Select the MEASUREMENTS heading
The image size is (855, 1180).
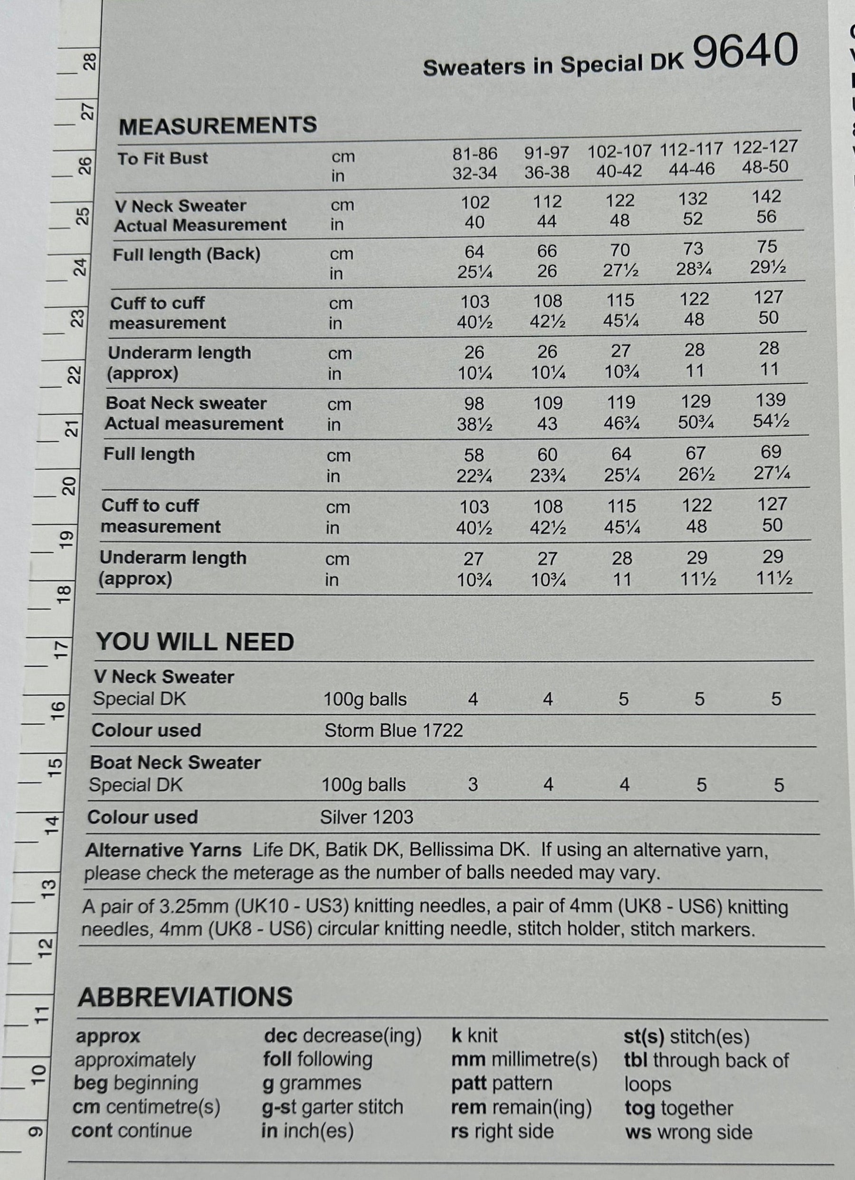tap(218, 125)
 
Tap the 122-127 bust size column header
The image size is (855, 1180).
tap(765, 147)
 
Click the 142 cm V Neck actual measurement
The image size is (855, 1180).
tap(766, 197)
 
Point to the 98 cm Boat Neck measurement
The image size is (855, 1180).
tap(474, 404)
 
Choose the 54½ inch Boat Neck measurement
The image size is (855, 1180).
tap(771, 420)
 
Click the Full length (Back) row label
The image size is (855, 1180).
tap(186, 255)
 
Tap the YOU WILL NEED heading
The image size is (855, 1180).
tap(195, 642)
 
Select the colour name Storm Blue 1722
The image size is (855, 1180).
tap(393, 731)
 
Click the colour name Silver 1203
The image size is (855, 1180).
tap(366, 818)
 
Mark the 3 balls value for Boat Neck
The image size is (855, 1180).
tap(473, 785)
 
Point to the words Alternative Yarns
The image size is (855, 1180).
tap(163, 851)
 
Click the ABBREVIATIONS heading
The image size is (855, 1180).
tap(185, 997)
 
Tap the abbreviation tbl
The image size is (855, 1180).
tap(636, 1060)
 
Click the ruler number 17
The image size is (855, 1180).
tap(61, 648)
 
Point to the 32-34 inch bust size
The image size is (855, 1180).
tap(475, 173)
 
